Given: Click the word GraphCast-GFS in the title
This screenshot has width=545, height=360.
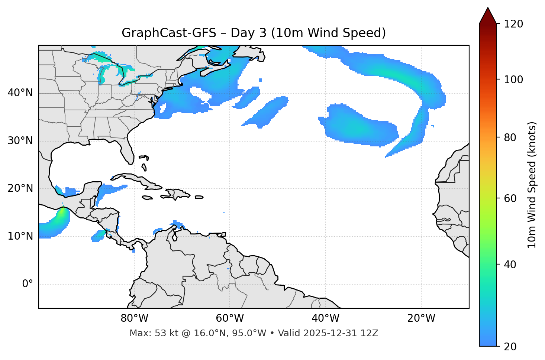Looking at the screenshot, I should click(169, 33).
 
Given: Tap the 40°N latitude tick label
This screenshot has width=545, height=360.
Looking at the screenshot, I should click(20, 93).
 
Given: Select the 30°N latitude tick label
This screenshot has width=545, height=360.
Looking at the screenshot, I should click(20, 141).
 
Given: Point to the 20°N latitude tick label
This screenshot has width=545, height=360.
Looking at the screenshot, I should click(20, 188).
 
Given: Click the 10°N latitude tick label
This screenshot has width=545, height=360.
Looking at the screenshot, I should click(20, 236).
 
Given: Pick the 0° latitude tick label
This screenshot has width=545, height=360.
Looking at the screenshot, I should click(27, 284).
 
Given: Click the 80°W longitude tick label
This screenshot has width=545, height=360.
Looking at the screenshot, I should click(134, 318).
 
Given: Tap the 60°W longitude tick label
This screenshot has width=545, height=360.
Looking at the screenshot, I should click(230, 318).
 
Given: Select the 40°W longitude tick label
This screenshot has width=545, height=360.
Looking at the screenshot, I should click(325, 318).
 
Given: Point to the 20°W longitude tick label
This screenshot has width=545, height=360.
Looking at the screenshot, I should click(421, 318).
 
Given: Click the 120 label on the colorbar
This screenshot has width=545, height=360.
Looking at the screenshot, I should click(513, 24).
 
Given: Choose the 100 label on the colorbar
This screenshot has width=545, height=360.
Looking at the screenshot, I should click(513, 80).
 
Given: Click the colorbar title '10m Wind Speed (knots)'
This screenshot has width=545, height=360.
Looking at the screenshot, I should click(532, 185).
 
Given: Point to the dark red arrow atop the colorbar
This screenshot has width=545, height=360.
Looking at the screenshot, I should click(488, 16).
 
